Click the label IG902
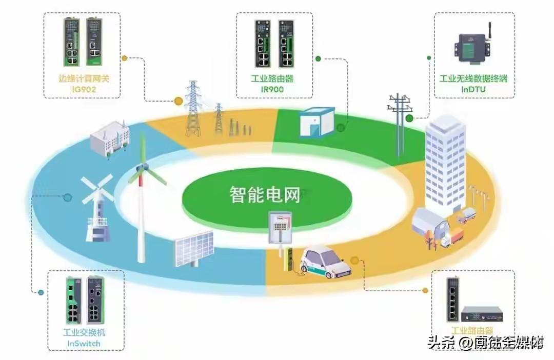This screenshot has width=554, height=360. (84, 90)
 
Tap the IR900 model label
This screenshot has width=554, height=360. (272, 89)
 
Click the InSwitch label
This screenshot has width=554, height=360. (84, 343)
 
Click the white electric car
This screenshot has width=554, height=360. (326, 261)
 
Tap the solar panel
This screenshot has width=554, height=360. (194, 248)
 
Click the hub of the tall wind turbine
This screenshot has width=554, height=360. (144, 168)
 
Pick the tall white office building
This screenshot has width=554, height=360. (445, 159)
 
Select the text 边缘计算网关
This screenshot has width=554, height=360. (84, 79)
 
